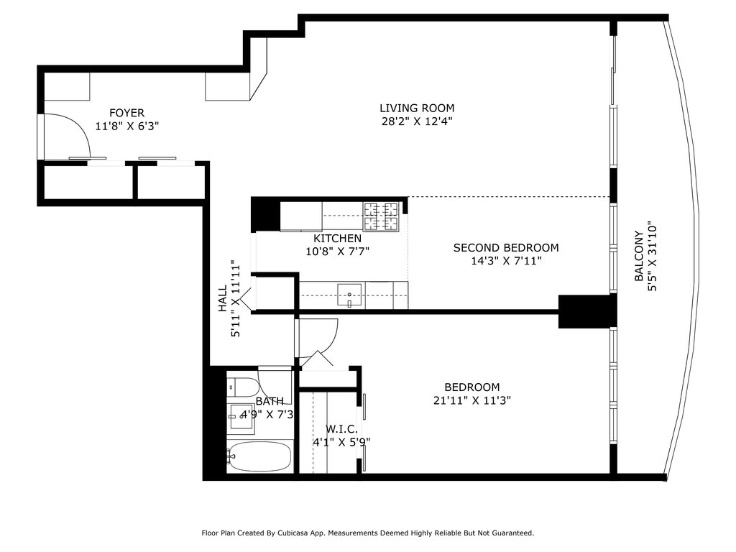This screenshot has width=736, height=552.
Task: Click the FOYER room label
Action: (x=126, y=113)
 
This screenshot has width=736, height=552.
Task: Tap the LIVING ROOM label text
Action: (x=417, y=109)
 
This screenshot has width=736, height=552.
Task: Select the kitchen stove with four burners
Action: (x=381, y=216)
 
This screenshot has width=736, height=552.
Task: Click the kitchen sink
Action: (x=350, y=295)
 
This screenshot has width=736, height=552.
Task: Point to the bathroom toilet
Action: (x=242, y=387)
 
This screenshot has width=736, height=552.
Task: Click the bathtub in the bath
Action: (x=259, y=456)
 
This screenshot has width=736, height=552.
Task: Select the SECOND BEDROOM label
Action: (x=506, y=248)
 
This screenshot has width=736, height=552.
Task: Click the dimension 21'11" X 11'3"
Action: (x=471, y=400)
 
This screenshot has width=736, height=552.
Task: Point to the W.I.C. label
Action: (x=341, y=429)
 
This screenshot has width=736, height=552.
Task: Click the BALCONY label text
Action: (x=639, y=256)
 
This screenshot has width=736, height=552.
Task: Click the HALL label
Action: (x=223, y=298)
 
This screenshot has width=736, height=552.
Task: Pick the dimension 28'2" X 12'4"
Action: (x=417, y=121)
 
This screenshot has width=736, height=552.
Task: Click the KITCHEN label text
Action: (x=338, y=239)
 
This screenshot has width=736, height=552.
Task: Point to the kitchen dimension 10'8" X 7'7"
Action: (x=338, y=252)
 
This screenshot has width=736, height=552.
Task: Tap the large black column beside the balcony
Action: (x=586, y=311)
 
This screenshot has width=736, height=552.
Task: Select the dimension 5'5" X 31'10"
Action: (x=653, y=256)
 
